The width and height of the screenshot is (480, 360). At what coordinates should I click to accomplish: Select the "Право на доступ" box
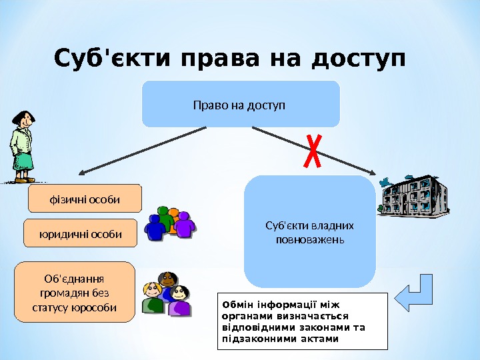[x=241, y=105]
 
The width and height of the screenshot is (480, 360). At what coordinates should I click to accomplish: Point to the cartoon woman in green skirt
[x=21, y=147]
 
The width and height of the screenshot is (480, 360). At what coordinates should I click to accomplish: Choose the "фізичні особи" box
[x=85, y=199]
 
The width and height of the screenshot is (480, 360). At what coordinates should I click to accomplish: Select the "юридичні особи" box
[x=80, y=234]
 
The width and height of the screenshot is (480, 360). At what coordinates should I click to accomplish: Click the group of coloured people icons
[x=170, y=223]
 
